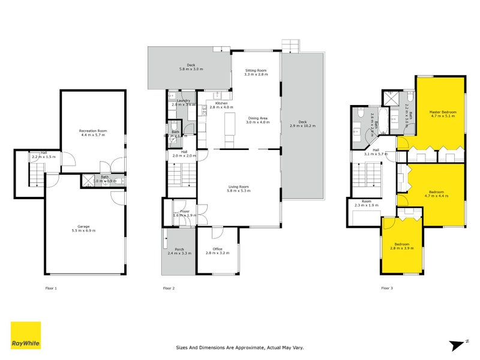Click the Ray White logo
tap(26, 335)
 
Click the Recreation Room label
tap(92, 130)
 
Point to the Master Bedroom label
tap(442, 112)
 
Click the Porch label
tap(179, 249)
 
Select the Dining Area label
tap(259, 118)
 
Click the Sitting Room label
tap(255, 70)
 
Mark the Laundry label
tap(181, 100)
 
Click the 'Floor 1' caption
tap(51, 289)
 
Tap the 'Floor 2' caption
tap(169, 289)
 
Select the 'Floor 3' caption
tap(387, 289)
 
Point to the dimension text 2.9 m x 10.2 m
tap(302, 126)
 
